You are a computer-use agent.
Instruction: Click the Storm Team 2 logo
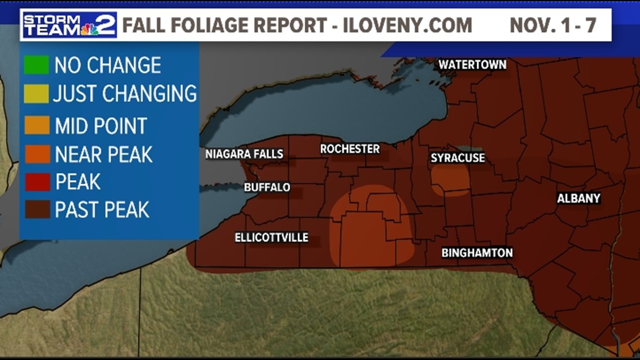(69, 25)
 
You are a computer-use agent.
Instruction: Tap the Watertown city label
(472, 65)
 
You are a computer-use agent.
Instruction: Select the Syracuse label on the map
(458, 158)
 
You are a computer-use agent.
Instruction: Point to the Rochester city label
(350, 149)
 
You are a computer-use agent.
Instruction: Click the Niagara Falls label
(244, 154)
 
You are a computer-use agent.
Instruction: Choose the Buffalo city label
(267, 187)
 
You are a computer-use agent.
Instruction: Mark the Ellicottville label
(271, 238)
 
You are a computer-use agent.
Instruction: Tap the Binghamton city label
(477, 253)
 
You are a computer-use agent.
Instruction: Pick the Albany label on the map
(578, 198)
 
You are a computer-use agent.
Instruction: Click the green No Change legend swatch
(36, 65)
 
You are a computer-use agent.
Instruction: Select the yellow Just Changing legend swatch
(36, 93)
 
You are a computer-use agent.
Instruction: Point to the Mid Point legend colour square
(36, 125)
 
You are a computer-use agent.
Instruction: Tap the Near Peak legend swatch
(36, 154)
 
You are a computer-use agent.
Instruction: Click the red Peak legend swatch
(36, 181)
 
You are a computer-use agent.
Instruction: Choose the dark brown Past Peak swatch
(36, 209)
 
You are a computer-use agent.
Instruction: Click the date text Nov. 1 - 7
(552, 25)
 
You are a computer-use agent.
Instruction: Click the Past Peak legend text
(102, 209)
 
